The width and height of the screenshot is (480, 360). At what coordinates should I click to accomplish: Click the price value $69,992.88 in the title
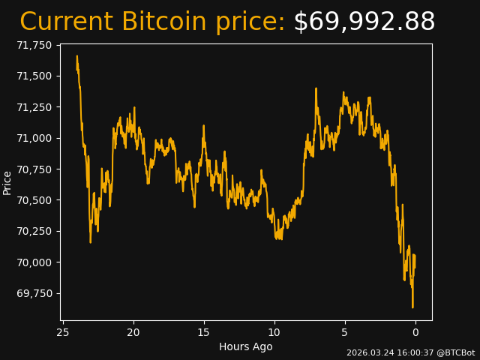[x=364, y=22]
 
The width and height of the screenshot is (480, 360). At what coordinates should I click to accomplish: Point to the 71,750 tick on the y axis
[x=34, y=45]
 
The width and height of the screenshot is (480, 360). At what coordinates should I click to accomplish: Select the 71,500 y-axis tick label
[x=34, y=76]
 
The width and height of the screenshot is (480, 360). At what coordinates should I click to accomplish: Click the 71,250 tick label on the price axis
[x=34, y=107]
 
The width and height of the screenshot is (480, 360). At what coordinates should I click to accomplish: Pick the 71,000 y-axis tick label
[x=34, y=138]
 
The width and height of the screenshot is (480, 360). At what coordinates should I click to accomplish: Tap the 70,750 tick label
[x=34, y=169]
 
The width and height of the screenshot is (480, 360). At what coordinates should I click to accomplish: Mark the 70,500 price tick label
[x=34, y=200]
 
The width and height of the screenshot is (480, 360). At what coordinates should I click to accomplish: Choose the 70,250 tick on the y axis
[x=34, y=231]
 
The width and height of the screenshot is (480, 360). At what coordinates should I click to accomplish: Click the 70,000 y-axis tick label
[x=34, y=262]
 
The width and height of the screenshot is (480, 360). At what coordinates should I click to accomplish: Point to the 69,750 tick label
[x=34, y=293]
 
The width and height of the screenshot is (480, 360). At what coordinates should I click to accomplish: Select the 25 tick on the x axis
[x=63, y=332]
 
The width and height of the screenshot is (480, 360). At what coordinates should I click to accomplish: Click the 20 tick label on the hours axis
[x=133, y=332]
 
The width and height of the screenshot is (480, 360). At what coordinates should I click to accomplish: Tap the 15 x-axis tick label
[x=204, y=332]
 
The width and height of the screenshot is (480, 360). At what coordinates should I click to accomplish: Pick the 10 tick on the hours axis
[x=274, y=332]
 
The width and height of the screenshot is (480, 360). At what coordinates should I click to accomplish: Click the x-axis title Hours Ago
[x=245, y=346]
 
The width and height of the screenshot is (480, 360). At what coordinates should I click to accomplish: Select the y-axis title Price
[x=7, y=182]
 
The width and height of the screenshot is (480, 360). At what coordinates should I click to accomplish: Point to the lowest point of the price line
[x=412, y=307]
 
